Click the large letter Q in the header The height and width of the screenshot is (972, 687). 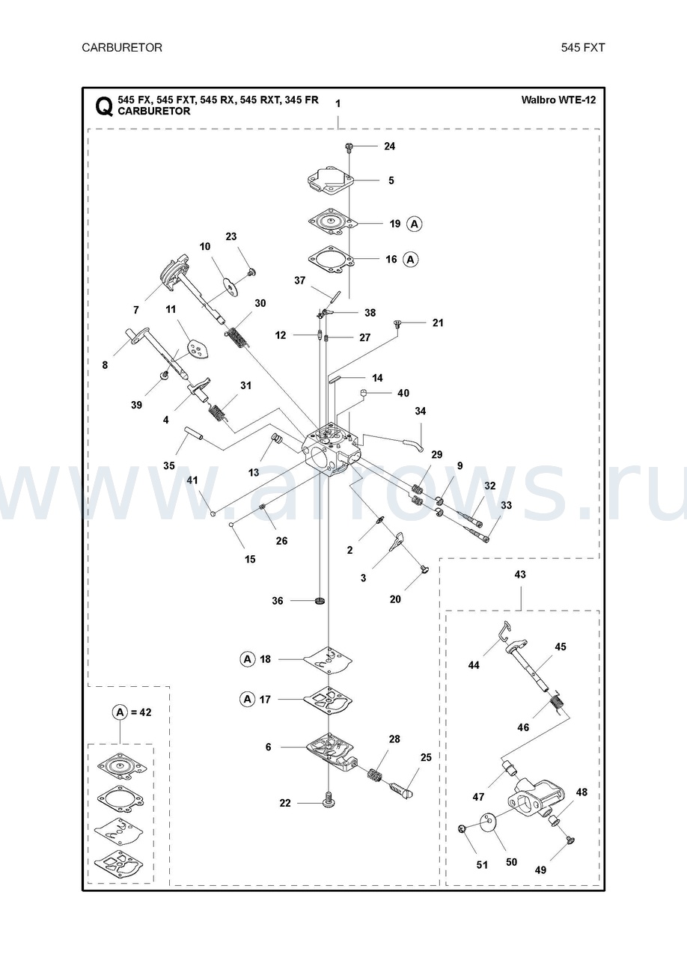click(x=104, y=106)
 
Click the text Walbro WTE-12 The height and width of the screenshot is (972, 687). click(x=558, y=100)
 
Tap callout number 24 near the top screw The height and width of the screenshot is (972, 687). click(x=389, y=146)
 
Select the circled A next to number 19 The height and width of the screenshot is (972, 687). click(x=415, y=224)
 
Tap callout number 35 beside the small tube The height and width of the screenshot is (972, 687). click(x=169, y=465)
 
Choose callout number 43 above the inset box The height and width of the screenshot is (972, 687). click(x=520, y=575)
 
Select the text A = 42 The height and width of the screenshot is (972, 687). click(x=132, y=712)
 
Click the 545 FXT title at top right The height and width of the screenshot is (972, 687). click(x=583, y=48)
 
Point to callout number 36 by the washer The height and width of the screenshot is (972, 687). click(x=278, y=601)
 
